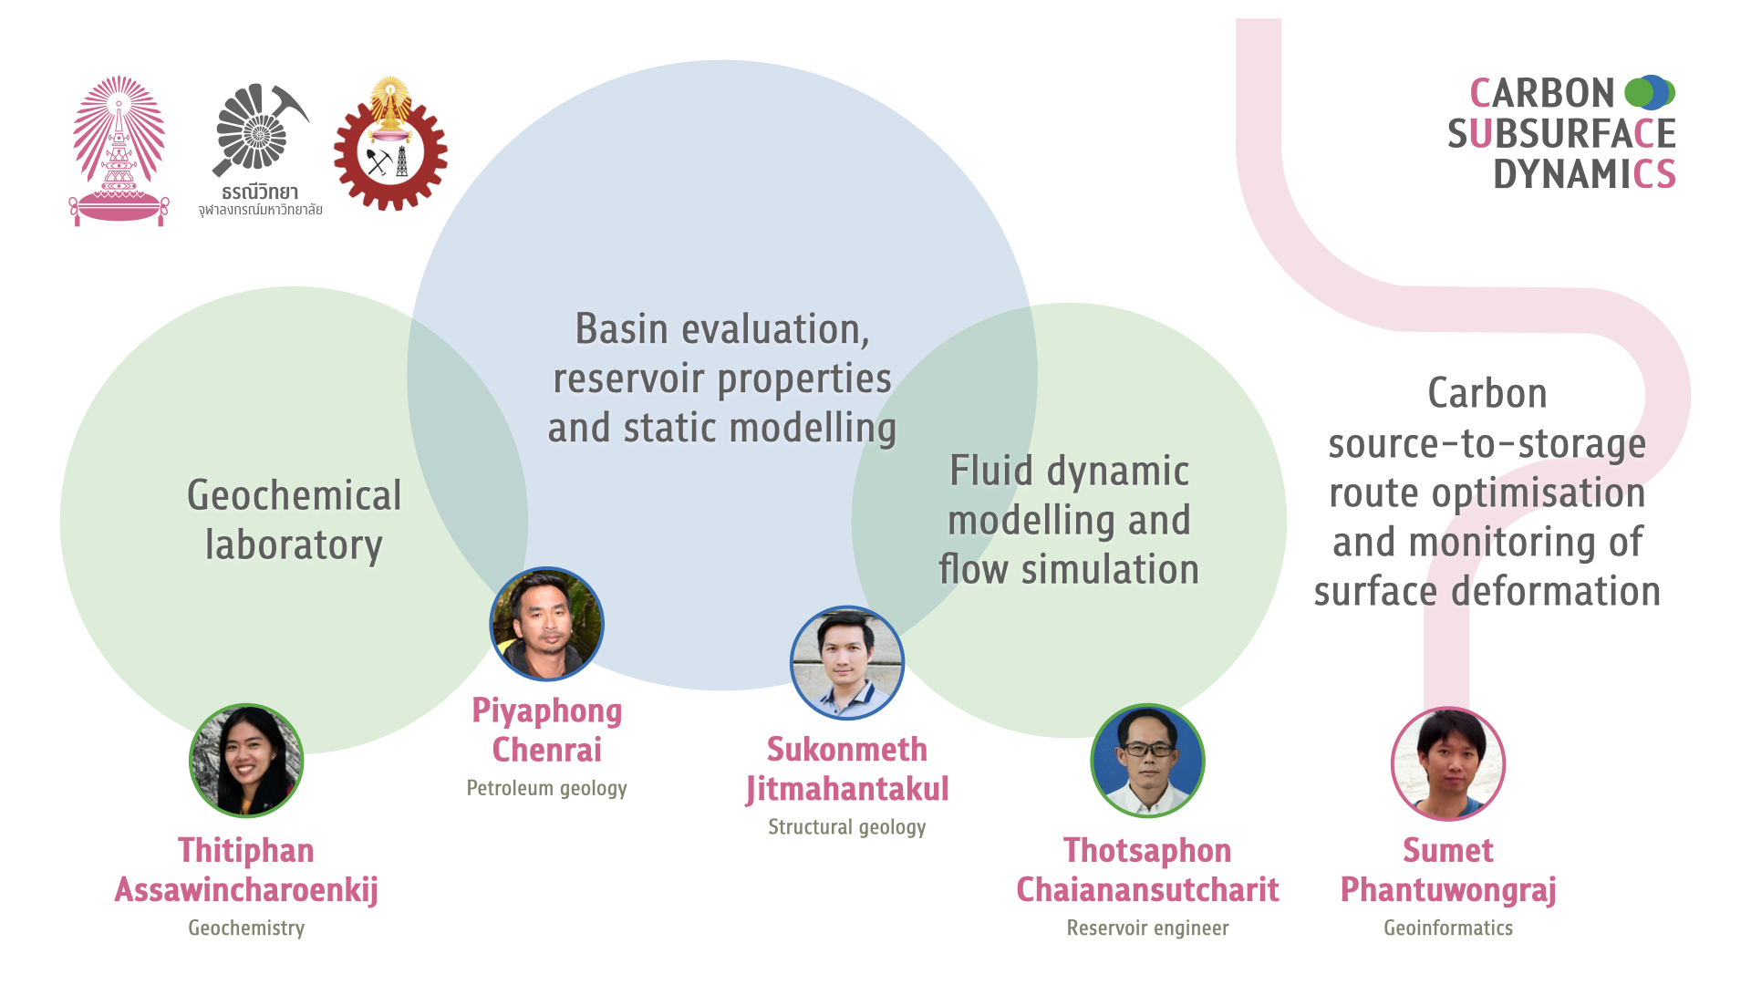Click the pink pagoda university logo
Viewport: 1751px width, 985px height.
click(119, 151)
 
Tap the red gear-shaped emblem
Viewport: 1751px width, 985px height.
click(390, 146)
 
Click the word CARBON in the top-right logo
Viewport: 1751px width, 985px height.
click(1542, 93)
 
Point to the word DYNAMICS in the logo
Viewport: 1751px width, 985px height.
click(1584, 173)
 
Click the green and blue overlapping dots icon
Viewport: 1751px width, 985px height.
click(1650, 92)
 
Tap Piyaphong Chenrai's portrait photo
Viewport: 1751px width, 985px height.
click(547, 624)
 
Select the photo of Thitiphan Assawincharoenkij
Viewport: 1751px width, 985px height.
click(246, 761)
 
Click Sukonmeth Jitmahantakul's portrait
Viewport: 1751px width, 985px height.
click(847, 663)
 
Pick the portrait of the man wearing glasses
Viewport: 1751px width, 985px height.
click(1147, 761)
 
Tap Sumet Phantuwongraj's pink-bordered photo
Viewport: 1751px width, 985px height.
click(1448, 764)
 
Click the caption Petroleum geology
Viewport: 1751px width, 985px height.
click(547, 788)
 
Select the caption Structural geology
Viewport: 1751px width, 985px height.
click(847, 827)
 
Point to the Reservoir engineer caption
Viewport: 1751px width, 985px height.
click(1147, 928)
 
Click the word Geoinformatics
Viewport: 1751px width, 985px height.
click(1448, 928)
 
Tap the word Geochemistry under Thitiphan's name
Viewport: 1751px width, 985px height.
click(246, 928)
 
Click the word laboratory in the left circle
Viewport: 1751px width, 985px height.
click(294, 545)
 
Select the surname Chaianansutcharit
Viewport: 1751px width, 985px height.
click(1147, 890)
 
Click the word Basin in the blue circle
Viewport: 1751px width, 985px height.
click(621, 329)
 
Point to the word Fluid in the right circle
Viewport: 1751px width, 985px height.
click(991, 472)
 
